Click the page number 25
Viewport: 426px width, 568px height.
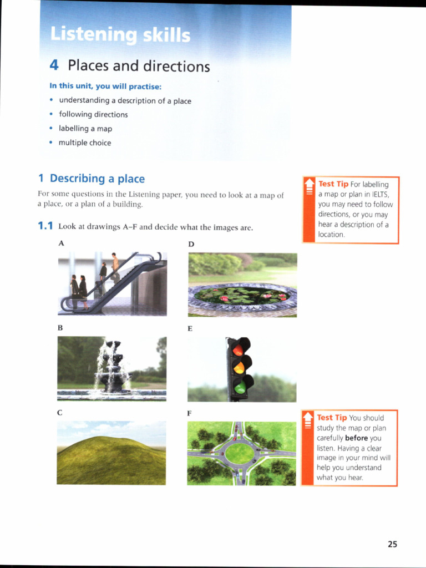392,544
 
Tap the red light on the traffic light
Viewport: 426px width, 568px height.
239,349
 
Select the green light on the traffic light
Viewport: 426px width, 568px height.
240,387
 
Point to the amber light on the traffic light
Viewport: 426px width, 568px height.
239,367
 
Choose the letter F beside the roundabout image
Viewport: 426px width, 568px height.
190,413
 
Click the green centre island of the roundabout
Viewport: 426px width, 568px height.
240,453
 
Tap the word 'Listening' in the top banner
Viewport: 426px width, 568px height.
93,35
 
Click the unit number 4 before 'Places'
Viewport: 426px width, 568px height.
54,65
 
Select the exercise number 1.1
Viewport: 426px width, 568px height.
45,226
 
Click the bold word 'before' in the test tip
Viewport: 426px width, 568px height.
356,438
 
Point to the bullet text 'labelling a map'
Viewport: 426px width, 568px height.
85,129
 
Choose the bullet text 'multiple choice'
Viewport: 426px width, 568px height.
85,143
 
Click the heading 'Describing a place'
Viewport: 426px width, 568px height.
97,179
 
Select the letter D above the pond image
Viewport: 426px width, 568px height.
191,244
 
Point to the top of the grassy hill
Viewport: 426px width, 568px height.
105,439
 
